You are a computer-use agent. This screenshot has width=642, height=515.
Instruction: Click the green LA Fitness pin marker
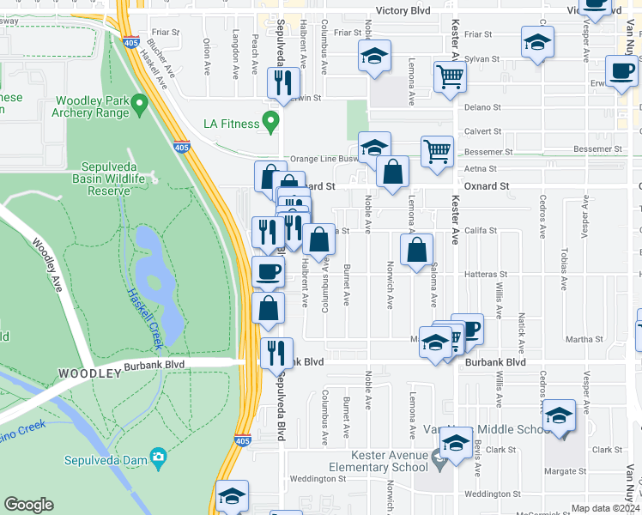[x=271, y=121]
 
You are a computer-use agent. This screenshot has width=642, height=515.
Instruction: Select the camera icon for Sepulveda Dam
[x=157, y=457]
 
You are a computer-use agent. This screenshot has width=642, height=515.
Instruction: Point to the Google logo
[x=28, y=505]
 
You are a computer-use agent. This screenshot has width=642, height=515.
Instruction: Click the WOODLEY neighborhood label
[x=89, y=373]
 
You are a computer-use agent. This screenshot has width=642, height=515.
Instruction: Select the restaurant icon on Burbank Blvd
[x=276, y=352]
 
